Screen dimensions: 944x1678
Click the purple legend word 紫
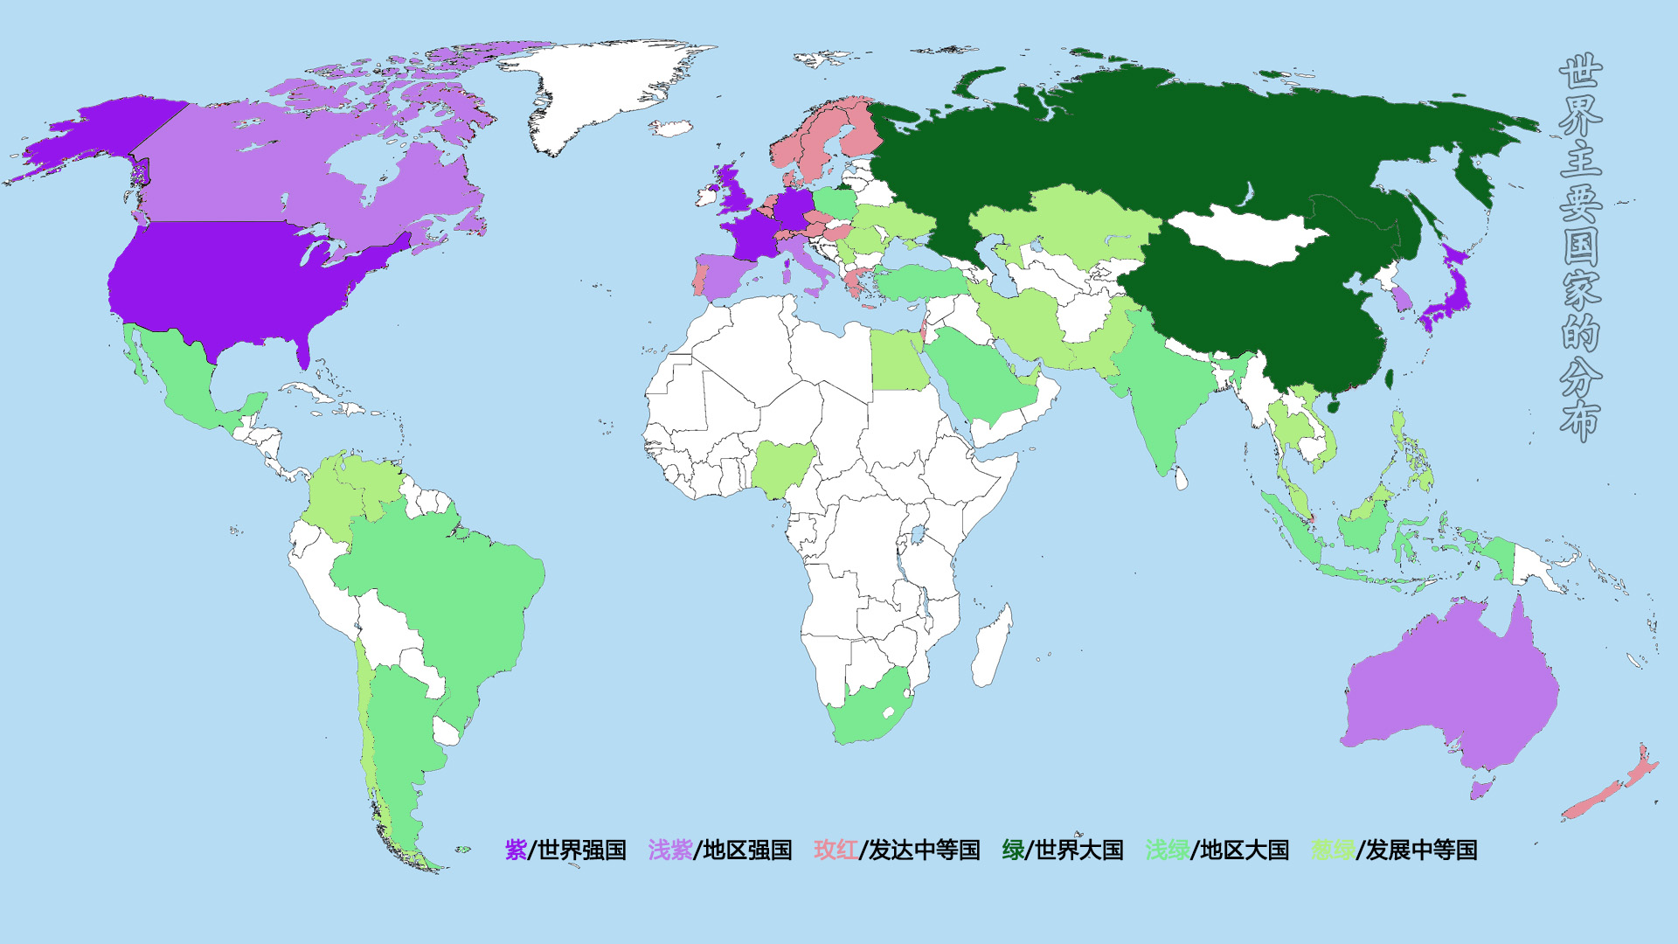516,850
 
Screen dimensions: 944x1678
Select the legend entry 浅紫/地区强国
719,850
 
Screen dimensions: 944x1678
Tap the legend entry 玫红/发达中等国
897,850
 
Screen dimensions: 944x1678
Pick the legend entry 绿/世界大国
1062,850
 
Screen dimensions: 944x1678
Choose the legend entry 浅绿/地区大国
1217,850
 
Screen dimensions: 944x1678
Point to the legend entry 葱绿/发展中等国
1393,850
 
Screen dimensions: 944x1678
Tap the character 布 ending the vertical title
1580,421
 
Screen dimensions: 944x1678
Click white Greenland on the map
603,87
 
